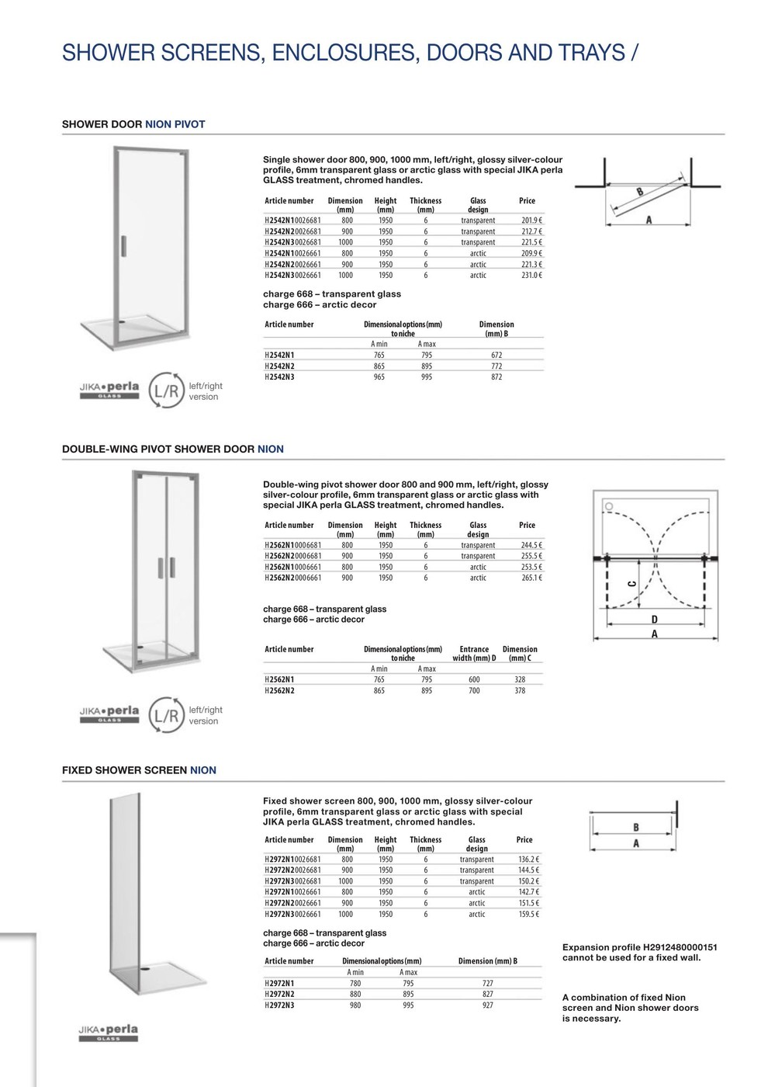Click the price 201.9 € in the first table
[x=531, y=221]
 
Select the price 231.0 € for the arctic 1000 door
[x=531, y=275]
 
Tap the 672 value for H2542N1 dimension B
[x=496, y=355]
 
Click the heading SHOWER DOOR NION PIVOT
[x=133, y=124]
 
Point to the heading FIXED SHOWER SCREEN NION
[x=139, y=770]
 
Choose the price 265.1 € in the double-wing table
[x=531, y=578]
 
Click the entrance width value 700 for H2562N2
[x=474, y=690]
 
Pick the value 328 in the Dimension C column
[x=520, y=679]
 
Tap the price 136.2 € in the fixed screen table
[x=528, y=860]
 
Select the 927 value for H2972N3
[x=488, y=1005]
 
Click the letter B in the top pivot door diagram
[x=640, y=191]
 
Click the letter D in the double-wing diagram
[x=655, y=620]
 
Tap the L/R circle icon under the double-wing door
[x=166, y=715]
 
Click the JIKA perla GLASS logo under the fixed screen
[x=109, y=1033]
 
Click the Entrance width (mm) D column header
[x=474, y=654]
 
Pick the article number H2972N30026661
[x=292, y=914]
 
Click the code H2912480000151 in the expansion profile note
[x=680, y=947]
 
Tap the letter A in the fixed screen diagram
[x=636, y=844]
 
